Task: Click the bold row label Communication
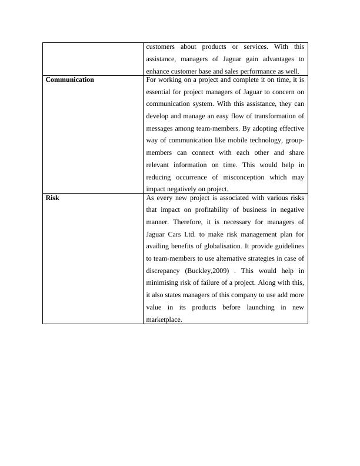pyautogui.click(x=69, y=79)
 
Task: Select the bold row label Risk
pyautogui.click(x=52, y=198)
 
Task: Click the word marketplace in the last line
pyautogui.click(x=164, y=319)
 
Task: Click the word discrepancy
pyautogui.click(x=162, y=271)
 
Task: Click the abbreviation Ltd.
pyautogui.click(x=195, y=234)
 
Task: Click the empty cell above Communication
pyautogui.click(x=93, y=58)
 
